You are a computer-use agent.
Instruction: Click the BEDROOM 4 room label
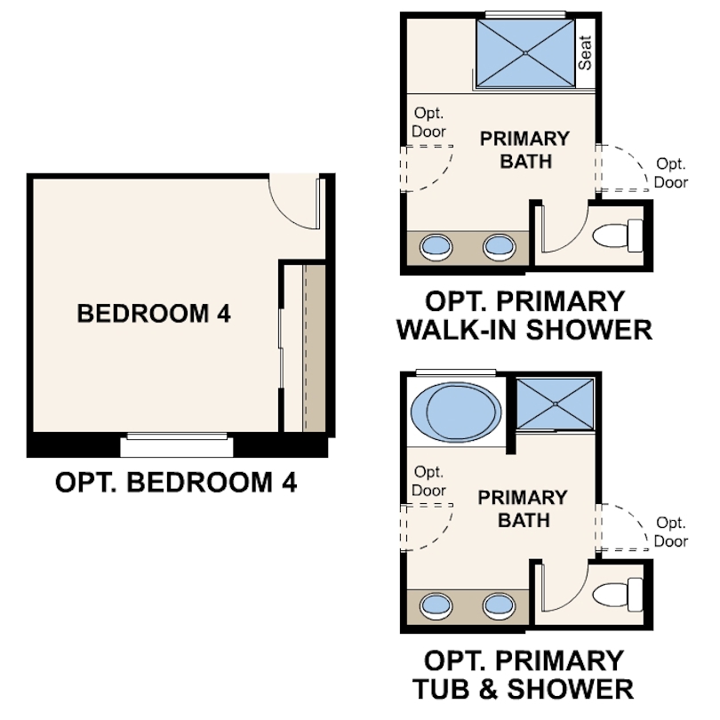pos(154,314)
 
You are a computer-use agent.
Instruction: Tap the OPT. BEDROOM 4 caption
pos(176,482)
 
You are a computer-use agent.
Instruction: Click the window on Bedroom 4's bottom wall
pos(177,436)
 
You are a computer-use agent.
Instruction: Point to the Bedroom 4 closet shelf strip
pos(314,348)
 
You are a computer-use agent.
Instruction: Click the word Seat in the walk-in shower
pos(585,52)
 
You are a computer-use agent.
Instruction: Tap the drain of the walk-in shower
pos(525,53)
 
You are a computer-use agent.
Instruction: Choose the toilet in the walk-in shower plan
pos(617,236)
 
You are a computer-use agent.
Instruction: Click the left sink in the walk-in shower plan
pos(436,246)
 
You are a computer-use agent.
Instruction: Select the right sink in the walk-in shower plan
pos(500,246)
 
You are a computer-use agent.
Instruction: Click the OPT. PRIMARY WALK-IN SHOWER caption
pos(524,316)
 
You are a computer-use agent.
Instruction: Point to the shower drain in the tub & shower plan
pos(556,404)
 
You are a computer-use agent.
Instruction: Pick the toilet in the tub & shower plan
pos(617,594)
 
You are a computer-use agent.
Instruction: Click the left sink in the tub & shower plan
pos(436,605)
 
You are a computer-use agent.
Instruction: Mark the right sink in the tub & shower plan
pos(500,605)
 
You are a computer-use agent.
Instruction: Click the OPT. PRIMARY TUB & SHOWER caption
pos(524,675)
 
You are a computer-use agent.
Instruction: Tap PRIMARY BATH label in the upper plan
pos(524,150)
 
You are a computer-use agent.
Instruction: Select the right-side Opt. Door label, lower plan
pos(670,532)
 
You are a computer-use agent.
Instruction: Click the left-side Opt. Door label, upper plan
pos(428,122)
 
